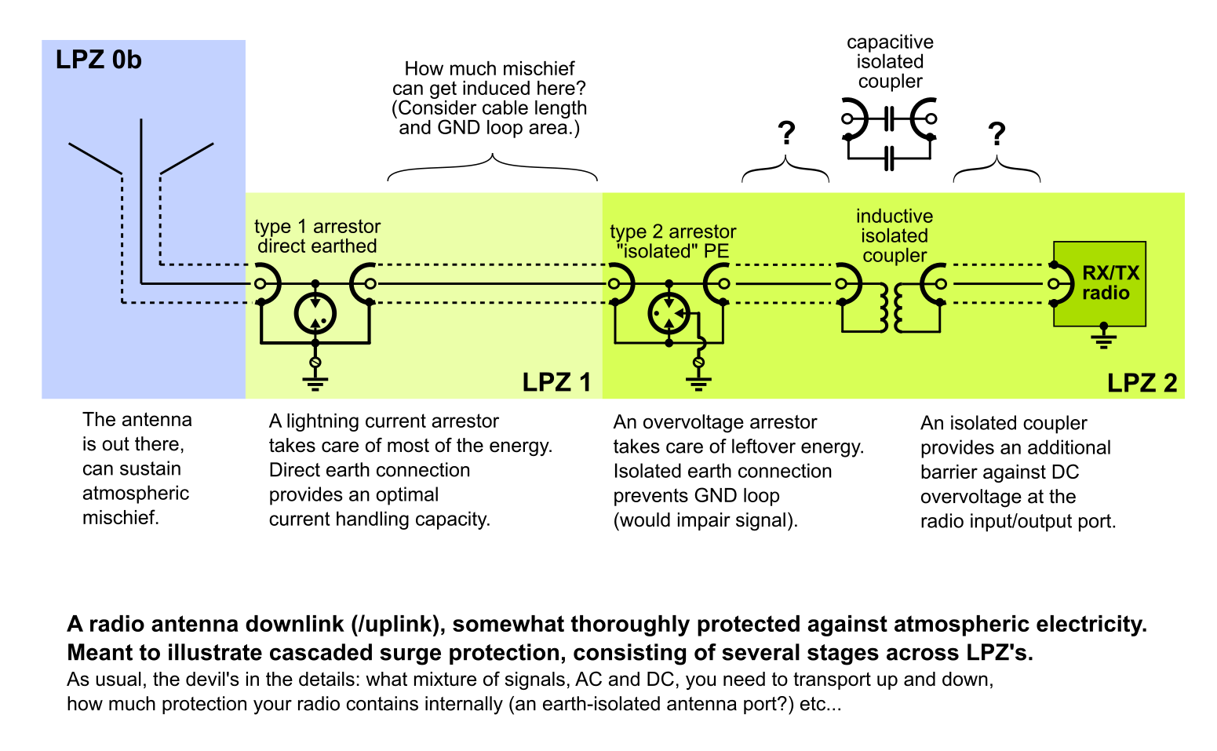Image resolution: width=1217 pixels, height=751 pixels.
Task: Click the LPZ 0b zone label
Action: click(x=99, y=60)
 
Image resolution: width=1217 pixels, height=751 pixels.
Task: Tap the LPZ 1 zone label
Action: click(x=556, y=382)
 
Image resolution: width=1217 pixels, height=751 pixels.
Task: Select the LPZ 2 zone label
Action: click(x=1142, y=383)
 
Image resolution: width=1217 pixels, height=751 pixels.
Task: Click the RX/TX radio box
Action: click(x=1100, y=284)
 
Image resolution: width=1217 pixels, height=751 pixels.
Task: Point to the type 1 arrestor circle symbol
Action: click(x=315, y=314)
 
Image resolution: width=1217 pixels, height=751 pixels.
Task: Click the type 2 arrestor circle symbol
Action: click(x=669, y=314)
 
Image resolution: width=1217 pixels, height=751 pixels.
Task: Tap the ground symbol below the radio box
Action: click(x=1103, y=339)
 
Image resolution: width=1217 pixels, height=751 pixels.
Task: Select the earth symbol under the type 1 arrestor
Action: click(x=315, y=383)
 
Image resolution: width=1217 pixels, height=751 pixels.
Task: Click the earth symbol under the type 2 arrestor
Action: click(x=698, y=383)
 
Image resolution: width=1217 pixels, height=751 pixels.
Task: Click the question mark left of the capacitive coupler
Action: click(x=786, y=134)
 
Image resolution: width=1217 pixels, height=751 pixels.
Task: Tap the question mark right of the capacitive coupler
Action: click(x=997, y=135)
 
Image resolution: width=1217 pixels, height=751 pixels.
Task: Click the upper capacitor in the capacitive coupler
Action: click(x=889, y=120)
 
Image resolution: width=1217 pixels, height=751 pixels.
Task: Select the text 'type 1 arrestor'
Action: click(x=317, y=227)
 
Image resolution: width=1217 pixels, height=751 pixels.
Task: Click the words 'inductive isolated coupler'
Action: click(x=895, y=235)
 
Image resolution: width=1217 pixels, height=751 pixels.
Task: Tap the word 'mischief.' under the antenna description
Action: click(x=121, y=518)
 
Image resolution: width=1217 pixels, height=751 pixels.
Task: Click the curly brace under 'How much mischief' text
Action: click(x=492, y=166)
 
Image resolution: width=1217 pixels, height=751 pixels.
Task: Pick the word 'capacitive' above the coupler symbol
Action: click(x=890, y=42)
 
